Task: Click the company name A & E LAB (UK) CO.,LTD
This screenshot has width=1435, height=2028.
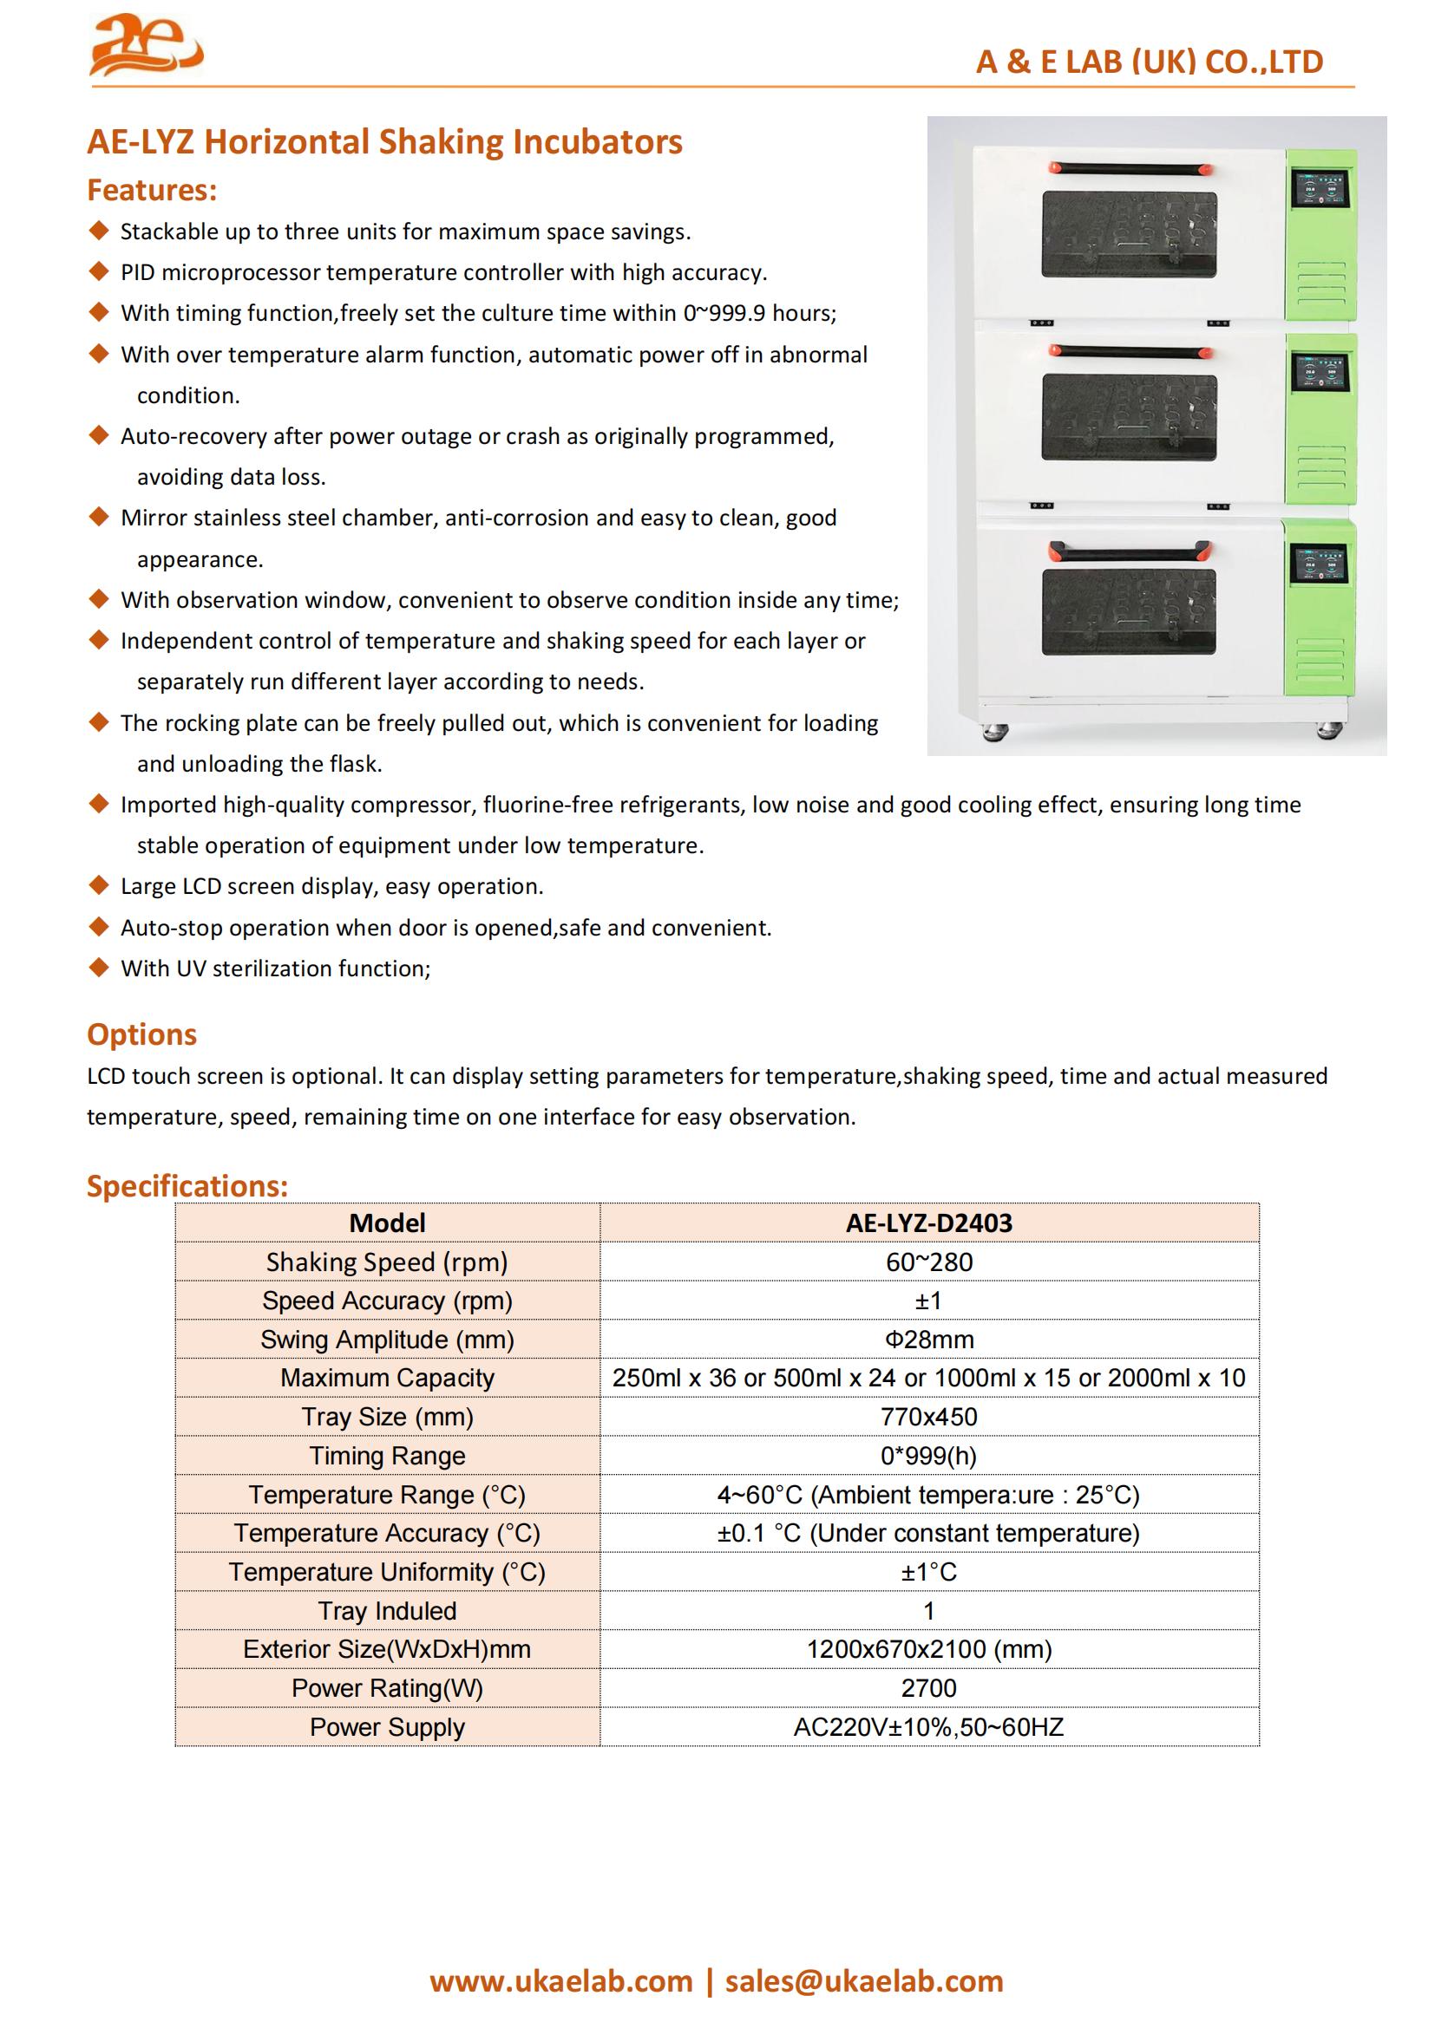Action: pyautogui.click(x=1149, y=62)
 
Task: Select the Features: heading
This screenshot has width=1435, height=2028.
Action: pyautogui.click(x=152, y=190)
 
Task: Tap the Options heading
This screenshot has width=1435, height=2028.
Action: pyautogui.click(x=141, y=1034)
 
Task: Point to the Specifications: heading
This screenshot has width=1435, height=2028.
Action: pyautogui.click(x=187, y=1185)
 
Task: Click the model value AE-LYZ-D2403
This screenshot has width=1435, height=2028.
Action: pyautogui.click(x=928, y=1223)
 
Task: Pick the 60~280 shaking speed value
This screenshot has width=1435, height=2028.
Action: pyautogui.click(x=928, y=1262)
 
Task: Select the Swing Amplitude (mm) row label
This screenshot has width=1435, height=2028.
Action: pyautogui.click(x=387, y=1339)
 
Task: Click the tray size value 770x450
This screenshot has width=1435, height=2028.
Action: pyautogui.click(x=928, y=1417)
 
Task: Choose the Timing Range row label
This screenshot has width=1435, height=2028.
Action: pyautogui.click(x=387, y=1456)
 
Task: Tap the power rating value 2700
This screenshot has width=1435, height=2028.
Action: pyautogui.click(x=928, y=1688)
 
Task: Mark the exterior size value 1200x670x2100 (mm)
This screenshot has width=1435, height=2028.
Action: pyautogui.click(x=928, y=1649)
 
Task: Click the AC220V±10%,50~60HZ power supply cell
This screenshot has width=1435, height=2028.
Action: pyautogui.click(x=928, y=1727)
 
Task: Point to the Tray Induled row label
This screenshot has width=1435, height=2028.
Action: pyautogui.click(x=387, y=1610)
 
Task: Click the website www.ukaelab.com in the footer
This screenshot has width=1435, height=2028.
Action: pyautogui.click(x=561, y=1981)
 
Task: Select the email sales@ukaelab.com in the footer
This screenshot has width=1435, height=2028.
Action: pyautogui.click(x=864, y=1981)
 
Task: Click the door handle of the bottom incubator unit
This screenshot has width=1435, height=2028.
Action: pyautogui.click(x=1129, y=553)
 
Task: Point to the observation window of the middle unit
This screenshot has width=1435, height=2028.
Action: pyautogui.click(x=1129, y=416)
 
